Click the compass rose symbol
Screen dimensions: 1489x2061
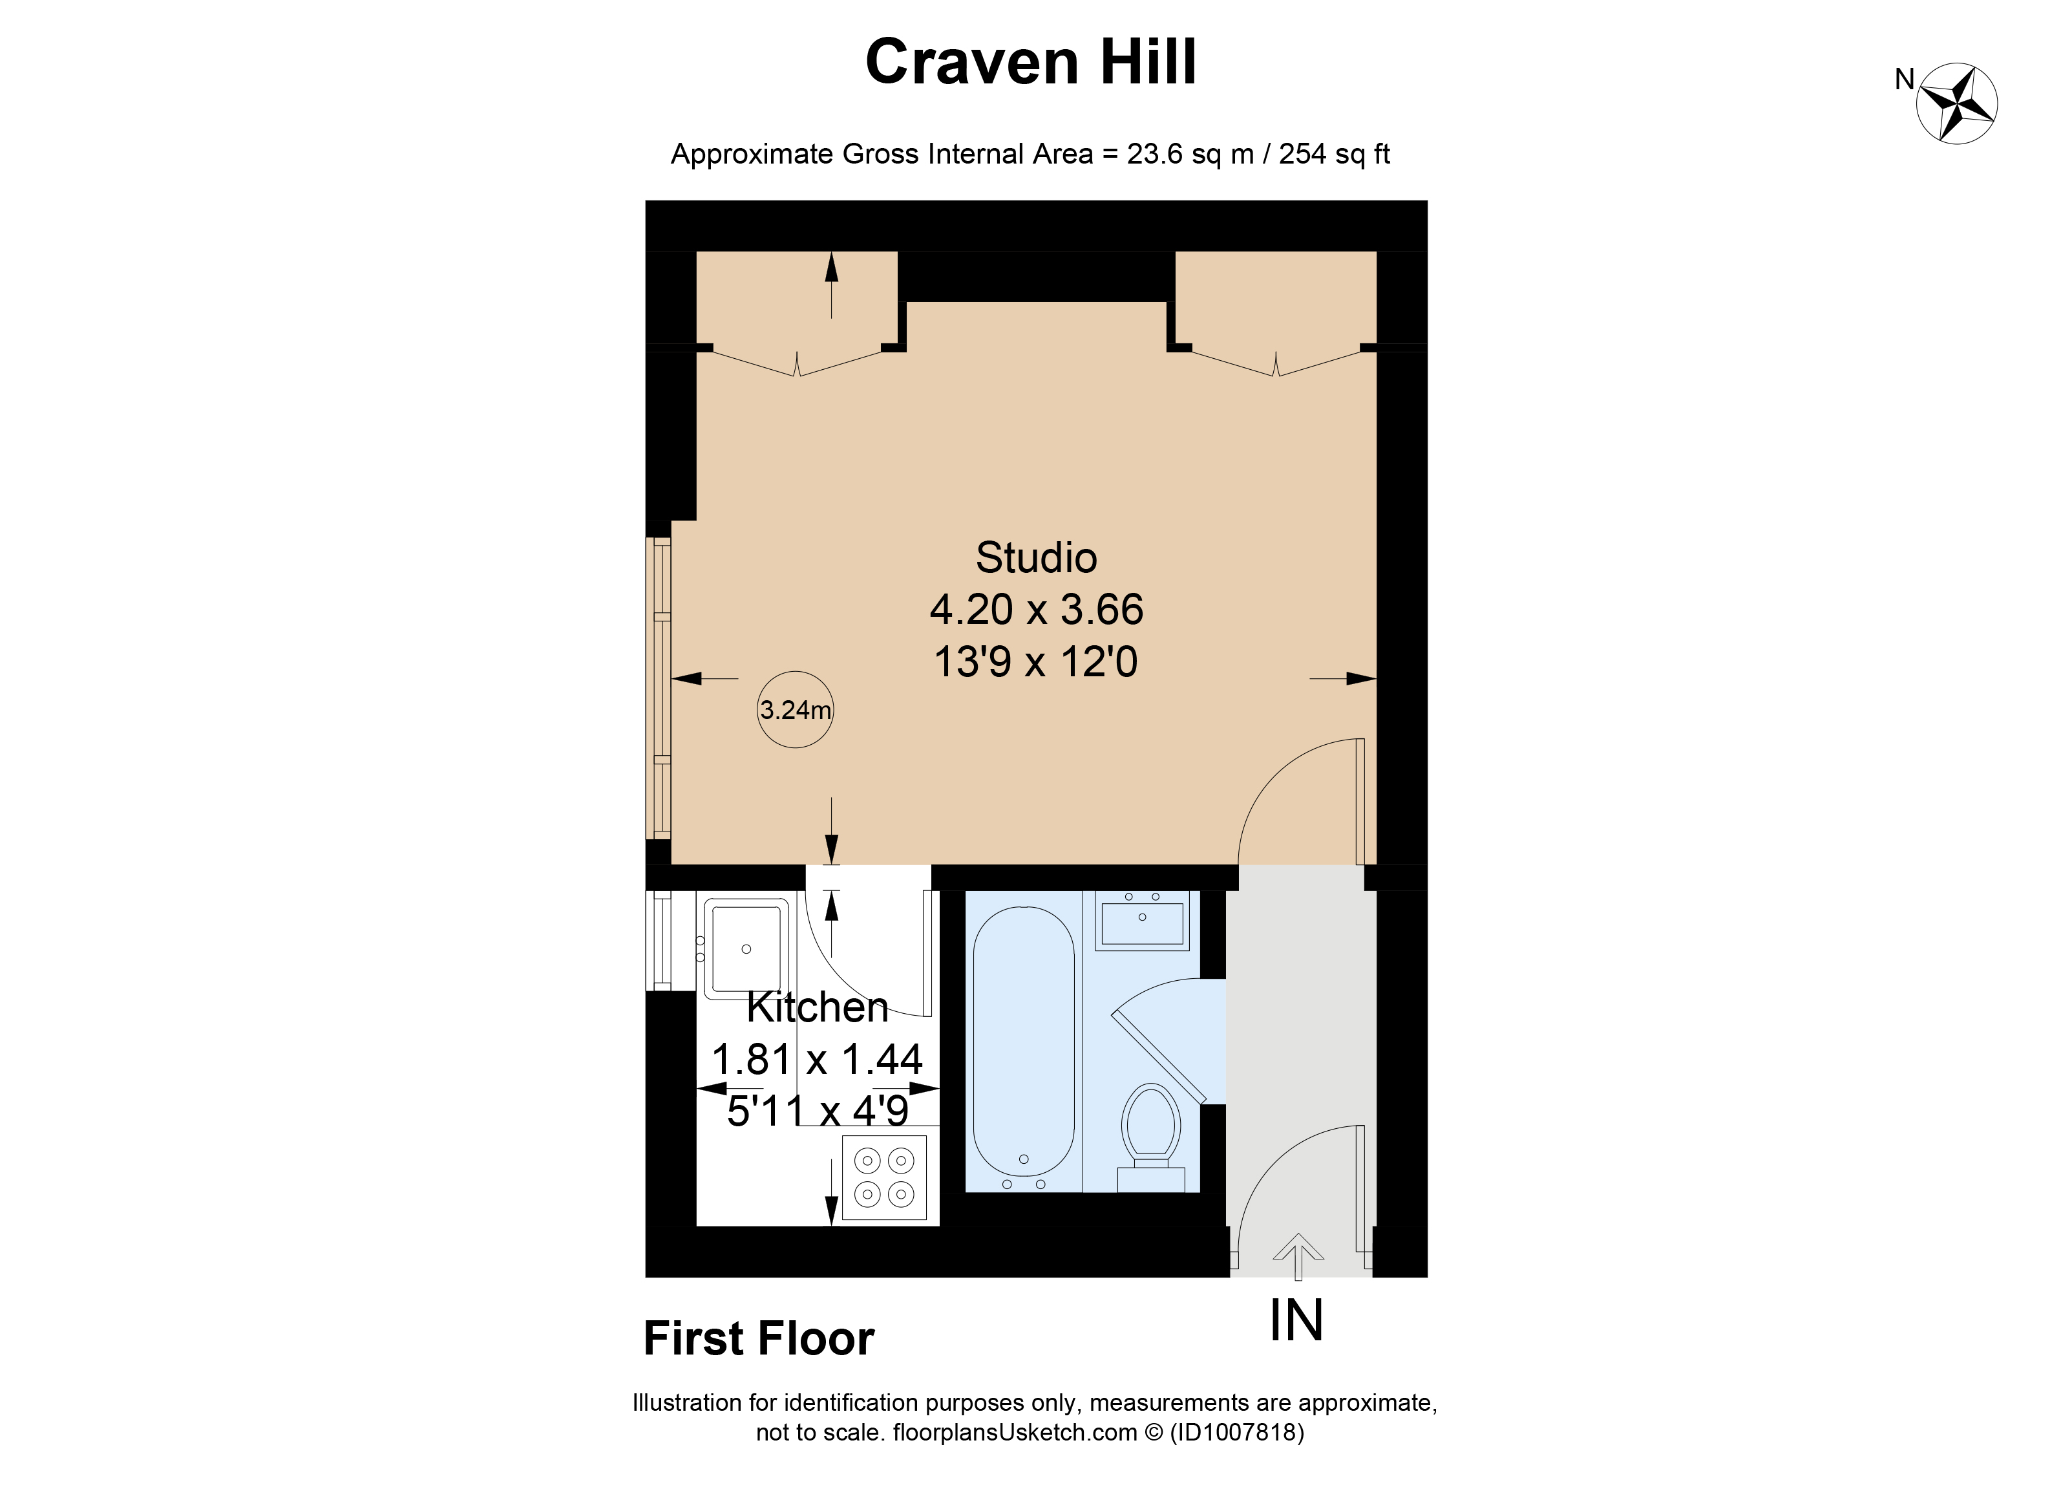point(1956,103)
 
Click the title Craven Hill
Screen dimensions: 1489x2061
point(1030,62)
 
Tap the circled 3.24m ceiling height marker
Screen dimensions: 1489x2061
point(795,710)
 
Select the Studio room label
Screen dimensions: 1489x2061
point(1036,558)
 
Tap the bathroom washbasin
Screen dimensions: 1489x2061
point(1142,921)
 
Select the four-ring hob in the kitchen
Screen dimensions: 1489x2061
point(883,1177)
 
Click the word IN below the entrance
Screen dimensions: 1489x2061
point(1296,1321)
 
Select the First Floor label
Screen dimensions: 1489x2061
point(758,1339)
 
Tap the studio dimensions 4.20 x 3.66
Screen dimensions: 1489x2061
point(1036,610)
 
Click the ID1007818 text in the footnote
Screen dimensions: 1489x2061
point(1237,1433)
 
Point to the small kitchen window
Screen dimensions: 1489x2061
point(662,941)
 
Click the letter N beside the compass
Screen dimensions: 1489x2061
point(1904,80)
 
